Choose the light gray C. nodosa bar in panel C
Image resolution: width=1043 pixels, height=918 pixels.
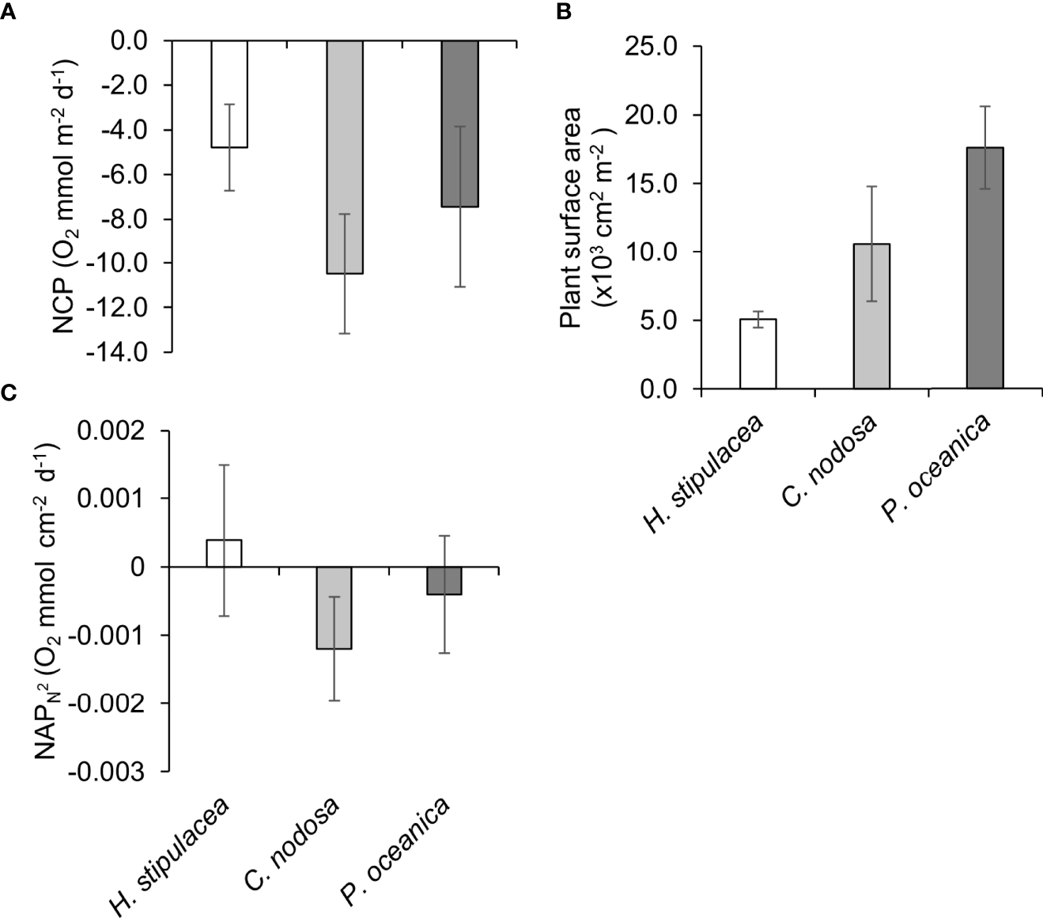pos(334,608)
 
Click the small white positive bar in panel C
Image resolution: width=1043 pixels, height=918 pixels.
pos(224,553)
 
